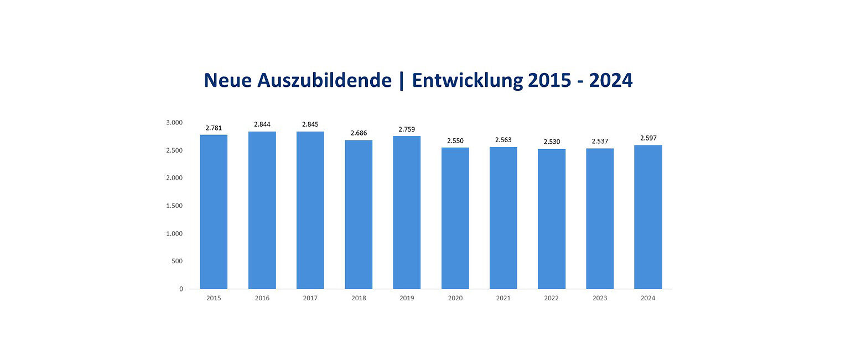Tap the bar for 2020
click(x=455, y=218)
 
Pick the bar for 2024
click(x=648, y=217)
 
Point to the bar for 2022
click(x=552, y=218)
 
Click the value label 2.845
click(x=310, y=124)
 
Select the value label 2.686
click(x=359, y=133)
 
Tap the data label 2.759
click(x=407, y=129)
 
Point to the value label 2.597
click(x=648, y=138)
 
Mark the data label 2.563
click(x=503, y=140)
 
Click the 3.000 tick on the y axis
click(x=174, y=123)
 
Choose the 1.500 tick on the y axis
click(x=174, y=206)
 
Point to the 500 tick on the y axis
click(x=177, y=261)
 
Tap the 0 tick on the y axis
click(x=180, y=289)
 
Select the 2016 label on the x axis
click(x=262, y=298)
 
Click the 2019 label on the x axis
click(x=407, y=298)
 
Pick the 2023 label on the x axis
click(x=600, y=298)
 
